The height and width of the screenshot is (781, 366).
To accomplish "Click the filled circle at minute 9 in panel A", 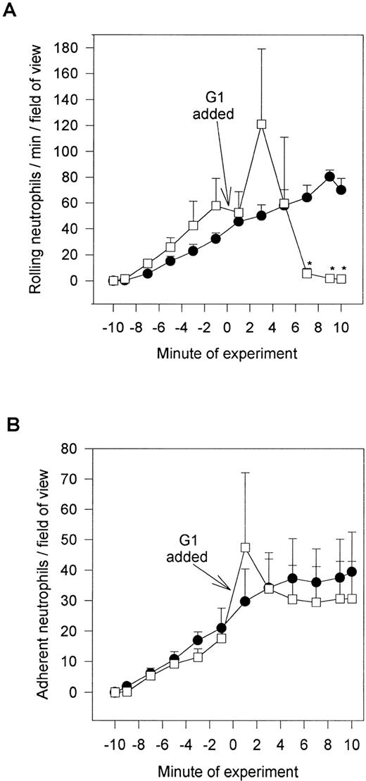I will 329,176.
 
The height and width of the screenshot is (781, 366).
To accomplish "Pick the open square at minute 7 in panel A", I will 307,273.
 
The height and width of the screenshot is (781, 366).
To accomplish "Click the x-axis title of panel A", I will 226,353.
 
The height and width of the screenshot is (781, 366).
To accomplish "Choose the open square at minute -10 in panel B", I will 115,692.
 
